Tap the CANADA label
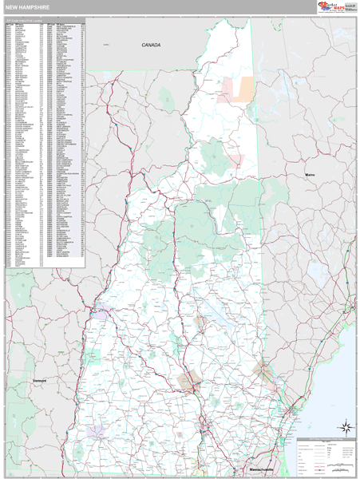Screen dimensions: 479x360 [151, 46]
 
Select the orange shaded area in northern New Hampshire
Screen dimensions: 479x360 [239, 89]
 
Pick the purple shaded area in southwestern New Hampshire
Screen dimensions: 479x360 [97, 432]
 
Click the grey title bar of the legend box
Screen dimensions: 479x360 [326, 439]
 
